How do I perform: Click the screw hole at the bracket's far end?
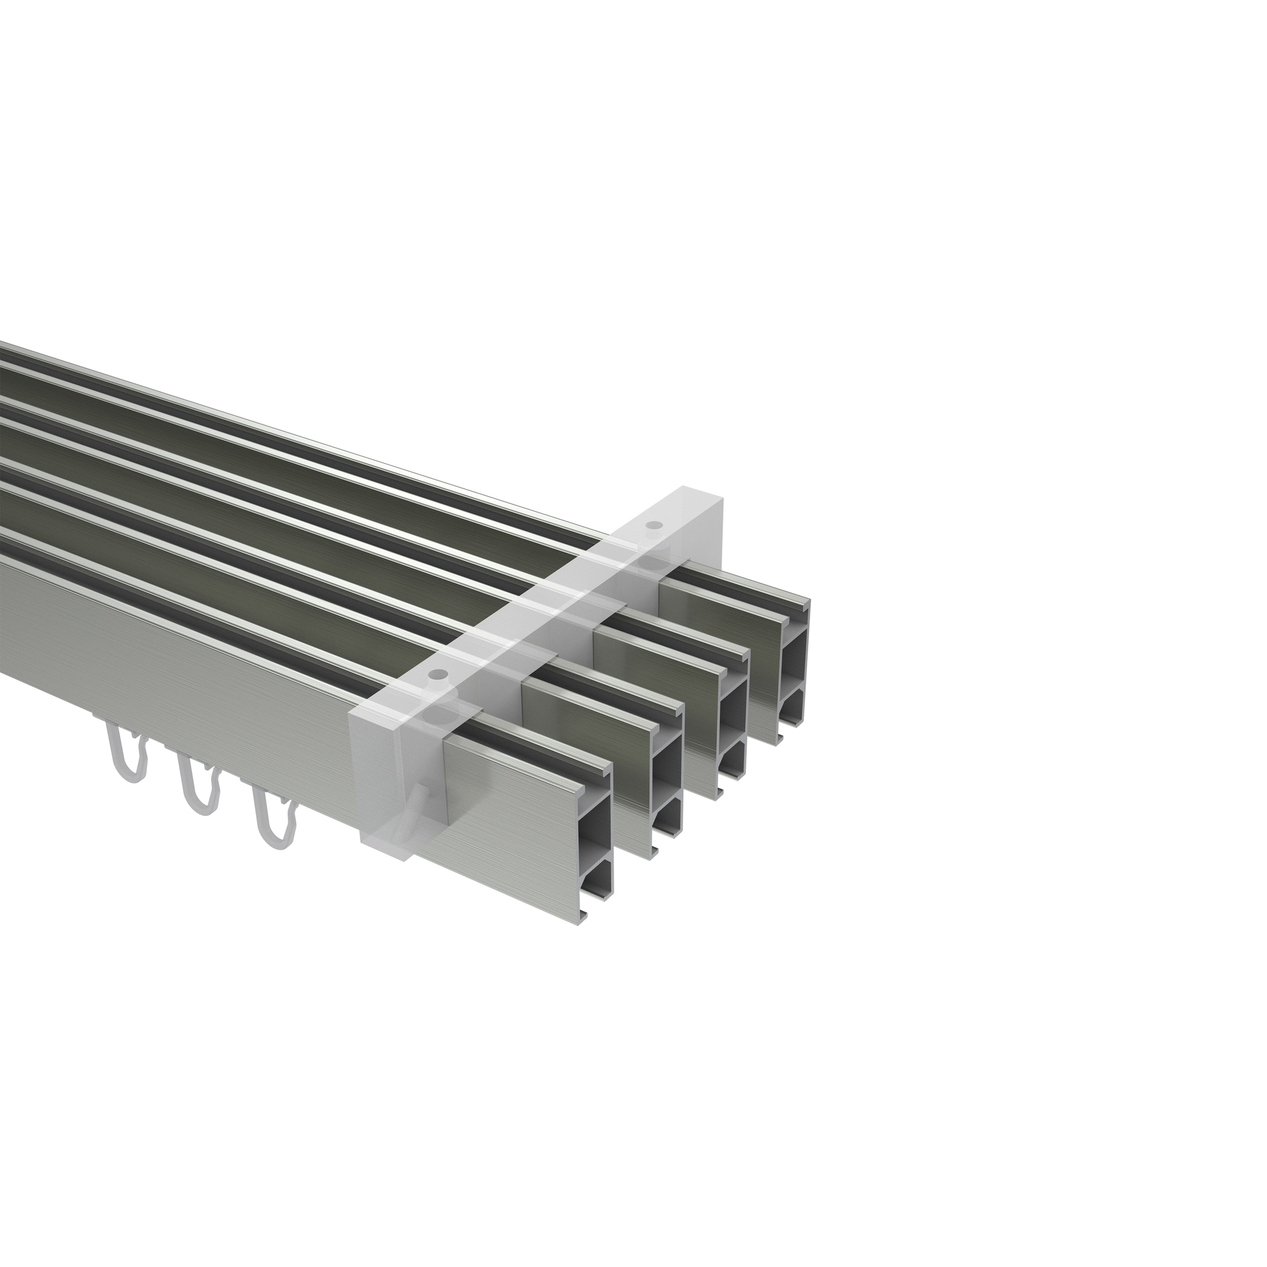[x=653, y=525]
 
